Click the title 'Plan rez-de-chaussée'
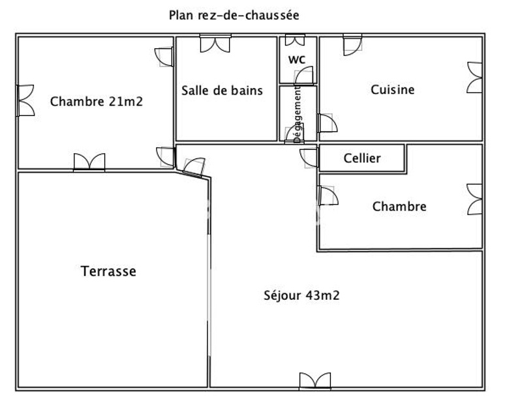point(234,15)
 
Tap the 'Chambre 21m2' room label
point(97,102)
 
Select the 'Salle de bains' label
point(222,91)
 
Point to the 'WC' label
point(297,59)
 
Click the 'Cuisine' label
point(392,89)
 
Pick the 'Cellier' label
point(362,158)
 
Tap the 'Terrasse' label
point(108,271)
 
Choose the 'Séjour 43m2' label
point(301,295)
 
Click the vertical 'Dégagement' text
point(298,114)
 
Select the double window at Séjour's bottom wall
point(315,381)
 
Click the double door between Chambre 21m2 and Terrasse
point(89,162)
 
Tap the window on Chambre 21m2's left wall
point(25,100)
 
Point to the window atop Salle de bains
point(215,44)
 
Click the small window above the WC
point(295,40)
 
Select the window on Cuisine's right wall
point(474,78)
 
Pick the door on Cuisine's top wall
point(352,45)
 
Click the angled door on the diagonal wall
point(194,168)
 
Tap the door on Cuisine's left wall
point(328,123)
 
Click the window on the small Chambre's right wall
point(474,200)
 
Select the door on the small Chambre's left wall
point(328,196)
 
